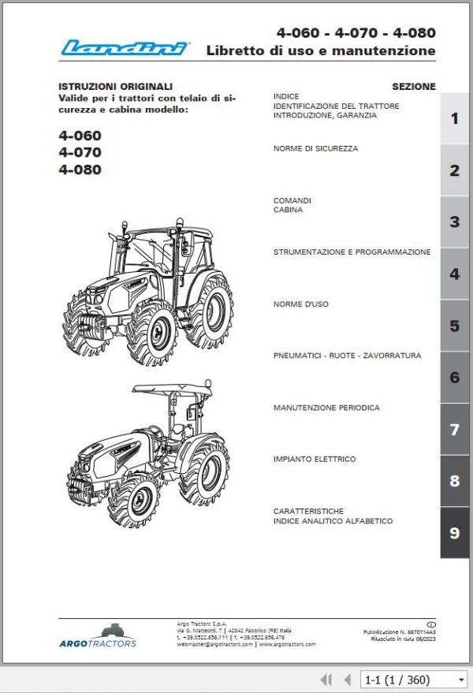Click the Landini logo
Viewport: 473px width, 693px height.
[125, 49]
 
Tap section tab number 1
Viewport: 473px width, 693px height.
[454, 119]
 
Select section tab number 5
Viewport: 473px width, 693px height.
[454, 326]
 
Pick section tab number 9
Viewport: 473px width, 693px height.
[454, 533]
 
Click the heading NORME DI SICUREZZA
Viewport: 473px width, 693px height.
[315, 148]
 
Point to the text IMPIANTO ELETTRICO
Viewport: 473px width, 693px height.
[315, 459]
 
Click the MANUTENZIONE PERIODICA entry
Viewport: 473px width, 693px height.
[326, 408]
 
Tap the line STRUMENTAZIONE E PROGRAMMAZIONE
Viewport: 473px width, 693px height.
[352, 252]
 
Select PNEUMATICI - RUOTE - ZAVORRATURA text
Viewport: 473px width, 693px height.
[347, 356]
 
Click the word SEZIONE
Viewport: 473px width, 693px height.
[413, 87]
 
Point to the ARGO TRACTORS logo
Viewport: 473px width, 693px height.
[98, 635]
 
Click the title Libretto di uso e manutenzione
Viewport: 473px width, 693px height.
[320, 50]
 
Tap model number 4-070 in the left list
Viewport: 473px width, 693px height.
[80, 152]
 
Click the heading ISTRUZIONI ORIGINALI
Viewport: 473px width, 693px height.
[115, 86]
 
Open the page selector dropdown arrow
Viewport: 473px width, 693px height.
[461, 679]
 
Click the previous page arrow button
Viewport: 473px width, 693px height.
[347, 679]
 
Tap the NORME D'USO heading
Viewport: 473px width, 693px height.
[301, 304]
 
